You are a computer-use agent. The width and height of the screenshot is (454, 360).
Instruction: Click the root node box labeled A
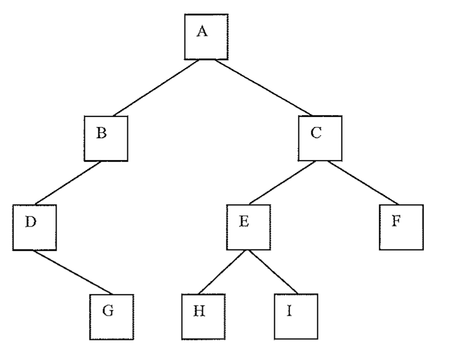tap(206, 37)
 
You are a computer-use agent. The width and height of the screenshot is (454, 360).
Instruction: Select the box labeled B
tap(106, 139)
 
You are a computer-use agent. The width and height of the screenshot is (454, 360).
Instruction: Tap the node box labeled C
tap(320, 138)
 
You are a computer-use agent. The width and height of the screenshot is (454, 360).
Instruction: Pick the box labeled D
tap(34, 227)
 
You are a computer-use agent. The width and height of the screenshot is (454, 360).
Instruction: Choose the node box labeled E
tap(249, 227)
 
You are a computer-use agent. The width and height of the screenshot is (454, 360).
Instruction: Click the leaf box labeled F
tap(402, 227)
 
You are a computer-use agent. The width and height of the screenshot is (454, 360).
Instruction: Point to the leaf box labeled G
tap(111, 317)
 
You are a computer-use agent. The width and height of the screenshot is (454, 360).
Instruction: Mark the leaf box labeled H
tap(203, 316)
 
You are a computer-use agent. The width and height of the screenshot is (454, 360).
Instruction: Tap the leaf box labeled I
tap(296, 316)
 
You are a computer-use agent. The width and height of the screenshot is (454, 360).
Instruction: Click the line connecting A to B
tap(156, 88)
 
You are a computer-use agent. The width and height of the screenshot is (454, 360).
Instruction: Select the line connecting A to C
tap(263, 87)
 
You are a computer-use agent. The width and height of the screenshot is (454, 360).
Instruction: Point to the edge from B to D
tap(68, 183)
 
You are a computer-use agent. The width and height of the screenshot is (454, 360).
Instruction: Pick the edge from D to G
tap(72, 272)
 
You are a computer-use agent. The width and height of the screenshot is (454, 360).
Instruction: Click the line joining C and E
tap(282, 182)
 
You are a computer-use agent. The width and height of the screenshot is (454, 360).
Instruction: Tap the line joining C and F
tap(363, 182)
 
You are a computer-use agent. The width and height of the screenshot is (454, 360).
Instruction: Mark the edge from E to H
tap(222, 272)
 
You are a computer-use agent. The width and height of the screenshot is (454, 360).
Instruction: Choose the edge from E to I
tap(273, 271)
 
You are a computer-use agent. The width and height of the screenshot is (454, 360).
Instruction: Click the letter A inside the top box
tap(202, 31)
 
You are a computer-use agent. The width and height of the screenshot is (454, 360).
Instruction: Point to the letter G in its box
tap(108, 310)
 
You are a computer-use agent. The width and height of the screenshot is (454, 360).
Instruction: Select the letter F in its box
tap(396, 221)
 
